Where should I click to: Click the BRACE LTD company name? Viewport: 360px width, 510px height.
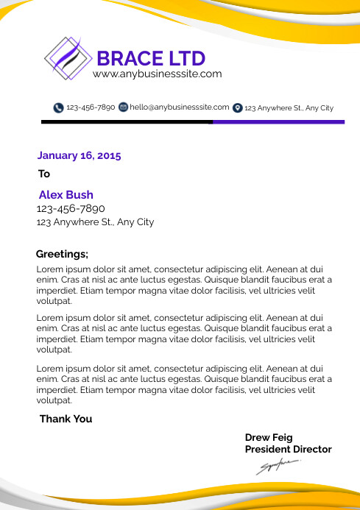[x=151, y=58]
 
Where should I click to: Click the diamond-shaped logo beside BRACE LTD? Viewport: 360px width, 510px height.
[x=70, y=58]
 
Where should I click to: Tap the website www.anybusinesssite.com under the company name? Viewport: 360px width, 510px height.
[x=157, y=74]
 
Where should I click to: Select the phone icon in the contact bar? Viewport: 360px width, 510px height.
[x=58, y=107]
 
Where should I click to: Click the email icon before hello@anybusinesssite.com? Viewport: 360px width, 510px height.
[x=123, y=107]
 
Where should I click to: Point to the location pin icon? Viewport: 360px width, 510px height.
[x=237, y=107]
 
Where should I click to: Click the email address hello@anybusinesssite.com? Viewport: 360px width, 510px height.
[x=180, y=107]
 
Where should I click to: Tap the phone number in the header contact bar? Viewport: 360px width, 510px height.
[x=91, y=107]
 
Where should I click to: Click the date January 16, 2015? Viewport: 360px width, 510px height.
[x=79, y=156]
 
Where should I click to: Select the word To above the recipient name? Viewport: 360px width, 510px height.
[x=44, y=174]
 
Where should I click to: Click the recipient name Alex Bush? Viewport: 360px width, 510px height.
[x=66, y=195]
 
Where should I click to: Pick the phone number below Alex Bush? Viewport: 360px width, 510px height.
[x=71, y=209]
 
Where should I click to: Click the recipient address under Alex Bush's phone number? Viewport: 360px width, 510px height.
[x=95, y=222]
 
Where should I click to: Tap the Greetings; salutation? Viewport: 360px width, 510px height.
[x=62, y=255]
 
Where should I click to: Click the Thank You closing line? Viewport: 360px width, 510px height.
[x=66, y=419]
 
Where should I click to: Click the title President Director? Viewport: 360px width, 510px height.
[x=288, y=450]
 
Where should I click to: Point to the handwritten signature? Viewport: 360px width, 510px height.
[x=278, y=466]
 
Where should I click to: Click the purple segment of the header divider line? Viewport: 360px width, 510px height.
[x=273, y=121]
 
